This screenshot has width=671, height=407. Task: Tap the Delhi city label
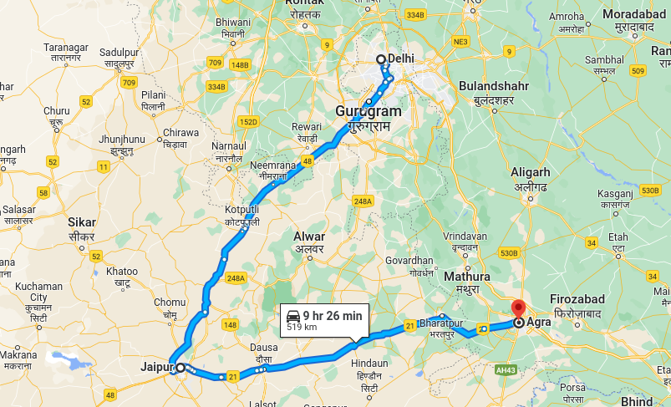click(401, 59)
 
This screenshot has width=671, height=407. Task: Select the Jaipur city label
click(155, 366)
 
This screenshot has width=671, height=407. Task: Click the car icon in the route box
click(293, 316)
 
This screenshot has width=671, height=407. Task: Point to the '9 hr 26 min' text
click(333, 315)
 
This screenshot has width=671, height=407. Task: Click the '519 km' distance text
click(302, 328)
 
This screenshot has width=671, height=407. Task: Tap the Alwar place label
click(309, 237)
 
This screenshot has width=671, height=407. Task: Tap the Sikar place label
click(83, 223)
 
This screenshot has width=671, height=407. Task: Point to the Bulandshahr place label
click(489, 86)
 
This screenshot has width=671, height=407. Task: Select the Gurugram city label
click(369, 111)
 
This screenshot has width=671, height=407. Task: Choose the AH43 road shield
click(505, 369)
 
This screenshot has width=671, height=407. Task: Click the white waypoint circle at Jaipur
click(180, 367)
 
